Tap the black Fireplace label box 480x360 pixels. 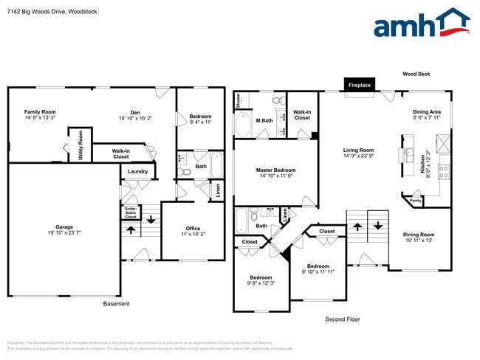point(360,86)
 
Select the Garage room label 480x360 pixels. point(64,229)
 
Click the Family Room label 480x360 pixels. point(40,114)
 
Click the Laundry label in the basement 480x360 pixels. point(137,172)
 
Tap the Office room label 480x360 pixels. point(193,231)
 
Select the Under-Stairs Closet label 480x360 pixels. point(130,213)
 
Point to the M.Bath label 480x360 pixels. point(264,120)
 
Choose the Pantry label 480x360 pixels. point(415,200)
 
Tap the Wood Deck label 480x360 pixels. point(416,74)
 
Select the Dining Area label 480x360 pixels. point(426,114)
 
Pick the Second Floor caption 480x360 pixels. point(343,319)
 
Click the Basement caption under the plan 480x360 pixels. point(116,303)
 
